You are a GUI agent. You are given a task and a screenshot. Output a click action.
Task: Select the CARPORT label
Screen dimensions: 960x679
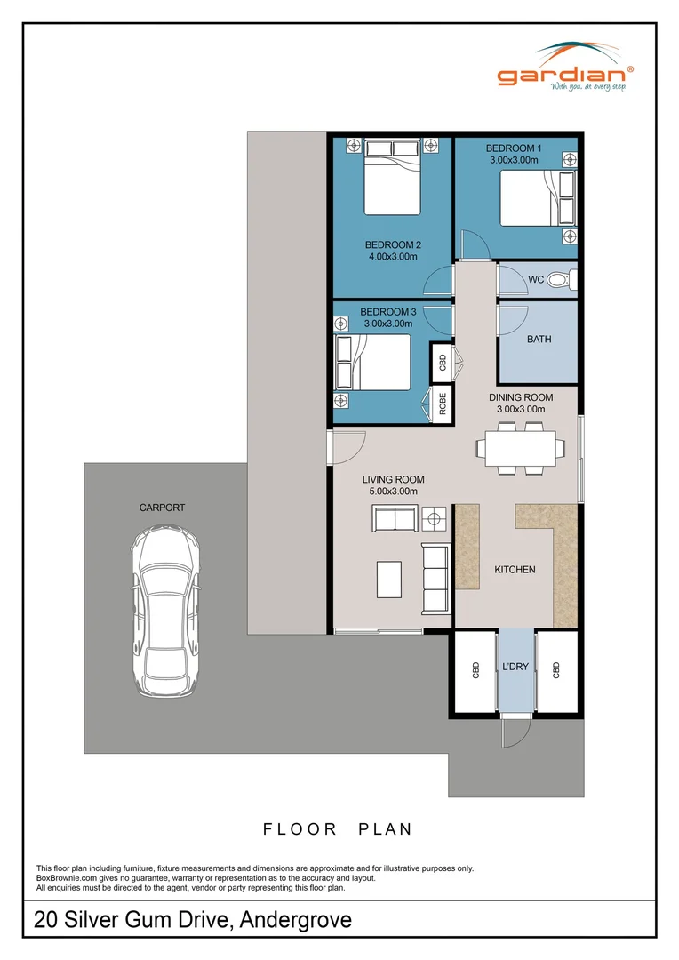coord(162,508)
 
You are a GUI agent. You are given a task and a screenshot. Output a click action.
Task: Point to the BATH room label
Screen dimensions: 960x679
coord(539,339)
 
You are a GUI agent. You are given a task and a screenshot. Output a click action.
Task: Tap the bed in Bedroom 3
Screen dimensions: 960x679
coord(373,362)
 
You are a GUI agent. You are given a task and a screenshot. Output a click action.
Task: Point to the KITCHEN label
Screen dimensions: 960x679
coord(515,569)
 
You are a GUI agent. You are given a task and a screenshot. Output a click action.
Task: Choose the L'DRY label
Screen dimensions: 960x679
coord(515,666)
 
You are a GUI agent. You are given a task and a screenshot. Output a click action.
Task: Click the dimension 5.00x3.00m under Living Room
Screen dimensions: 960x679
coord(390,491)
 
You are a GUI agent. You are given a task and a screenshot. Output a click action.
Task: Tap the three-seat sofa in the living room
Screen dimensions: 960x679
coord(435,580)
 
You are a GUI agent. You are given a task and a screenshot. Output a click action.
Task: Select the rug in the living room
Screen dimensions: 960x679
coord(389,580)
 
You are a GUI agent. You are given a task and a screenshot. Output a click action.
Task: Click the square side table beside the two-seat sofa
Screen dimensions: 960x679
coord(435,516)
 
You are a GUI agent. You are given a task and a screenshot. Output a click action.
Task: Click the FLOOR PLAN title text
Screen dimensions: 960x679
coord(338,829)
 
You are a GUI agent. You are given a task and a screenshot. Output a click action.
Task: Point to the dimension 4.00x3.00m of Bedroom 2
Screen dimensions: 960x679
coord(392,257)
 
